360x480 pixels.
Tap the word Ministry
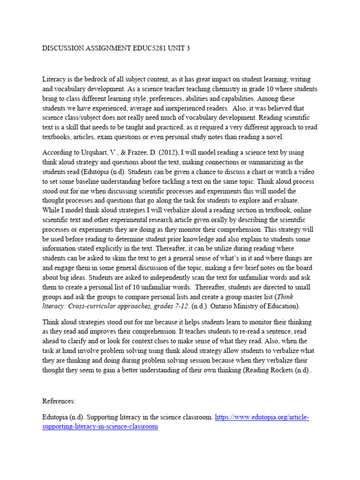coord(244,306)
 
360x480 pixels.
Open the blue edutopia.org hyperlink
coord(262,417)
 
